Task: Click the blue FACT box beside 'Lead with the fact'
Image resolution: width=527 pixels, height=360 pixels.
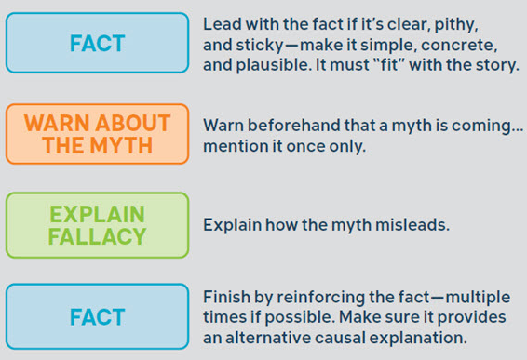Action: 97,44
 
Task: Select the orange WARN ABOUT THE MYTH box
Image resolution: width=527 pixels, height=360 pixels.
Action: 97,134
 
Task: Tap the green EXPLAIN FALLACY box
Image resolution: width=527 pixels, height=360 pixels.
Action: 97,224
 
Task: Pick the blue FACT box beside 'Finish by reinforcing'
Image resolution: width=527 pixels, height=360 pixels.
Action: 97,316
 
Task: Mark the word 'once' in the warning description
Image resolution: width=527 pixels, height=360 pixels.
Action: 313,146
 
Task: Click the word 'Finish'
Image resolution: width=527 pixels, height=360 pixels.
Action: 225,297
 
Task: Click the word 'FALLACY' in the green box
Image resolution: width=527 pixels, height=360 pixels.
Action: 98,236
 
